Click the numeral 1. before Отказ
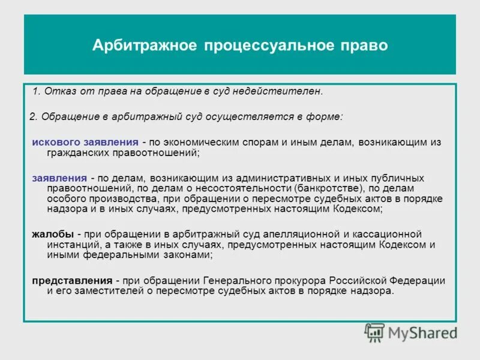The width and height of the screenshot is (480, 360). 36,91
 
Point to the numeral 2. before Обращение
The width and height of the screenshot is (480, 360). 33,116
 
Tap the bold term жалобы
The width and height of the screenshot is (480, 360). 53,233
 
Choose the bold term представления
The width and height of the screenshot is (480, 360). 73,281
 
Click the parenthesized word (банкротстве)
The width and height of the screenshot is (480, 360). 324,189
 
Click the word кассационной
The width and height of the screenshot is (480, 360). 388,233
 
